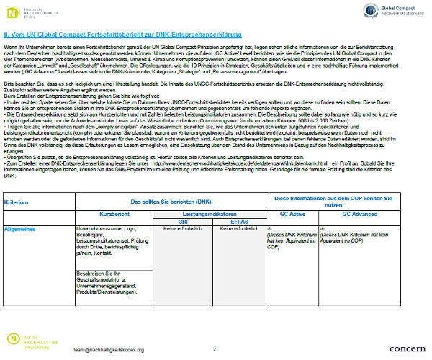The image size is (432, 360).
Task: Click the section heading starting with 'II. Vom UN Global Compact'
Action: point(122,34)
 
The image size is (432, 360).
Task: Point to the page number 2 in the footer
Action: point(215,349)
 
